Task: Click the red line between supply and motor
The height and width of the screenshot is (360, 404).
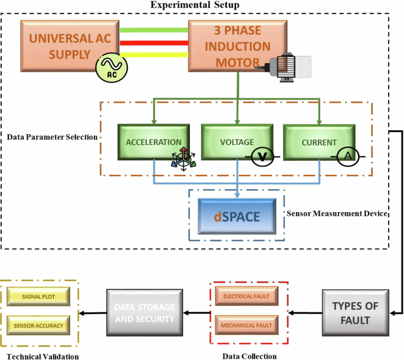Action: (x=153, y=42)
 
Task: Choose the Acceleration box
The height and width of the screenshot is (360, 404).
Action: (x=153, y=141)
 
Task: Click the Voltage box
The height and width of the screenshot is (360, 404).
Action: (x=236, y=141)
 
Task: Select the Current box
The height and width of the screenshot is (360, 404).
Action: (x=318, y=141)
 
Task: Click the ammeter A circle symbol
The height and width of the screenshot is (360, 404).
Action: (x=347, y=156)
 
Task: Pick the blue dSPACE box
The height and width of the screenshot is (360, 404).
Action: (x=237, y=216)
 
